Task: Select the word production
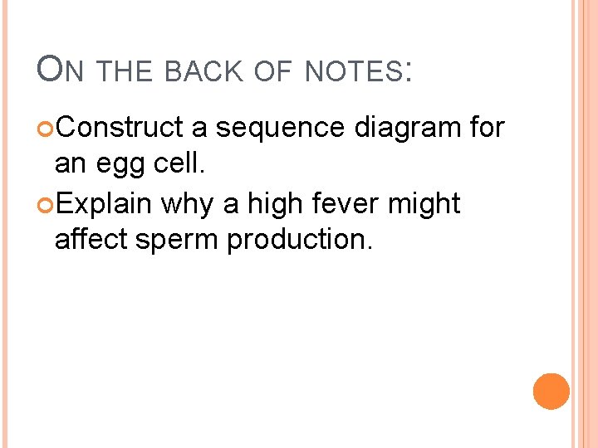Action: (x=301, y=241)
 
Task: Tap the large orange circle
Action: (x=551, y=391)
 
